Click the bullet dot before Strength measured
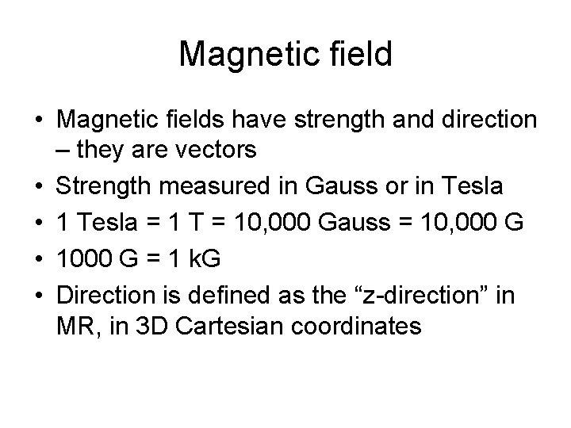[38, 188]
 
